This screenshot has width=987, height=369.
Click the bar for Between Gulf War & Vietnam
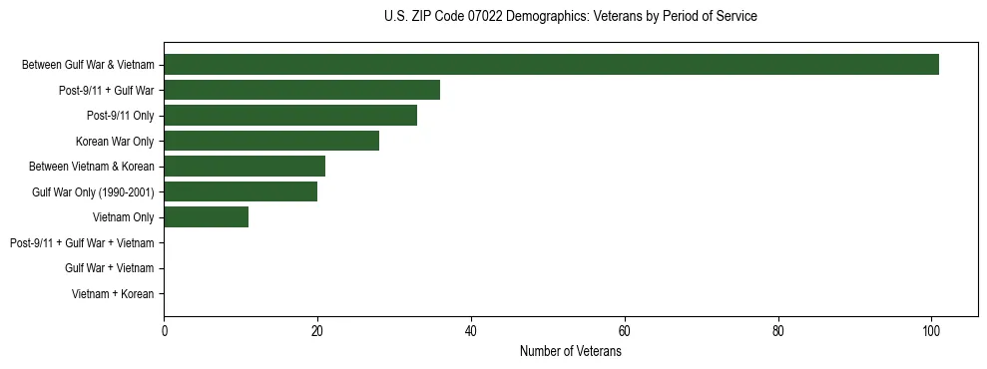(551, 65)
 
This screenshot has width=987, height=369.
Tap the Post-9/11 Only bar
(290, 116)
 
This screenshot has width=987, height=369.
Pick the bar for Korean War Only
(271, 141)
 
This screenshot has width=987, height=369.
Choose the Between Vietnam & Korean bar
(245, 167)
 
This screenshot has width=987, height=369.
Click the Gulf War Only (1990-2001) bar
(241, 191)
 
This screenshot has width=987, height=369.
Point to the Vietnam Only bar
(206, 217)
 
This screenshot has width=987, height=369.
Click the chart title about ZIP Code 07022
(570, 17)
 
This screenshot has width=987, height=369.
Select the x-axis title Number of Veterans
(570, 352)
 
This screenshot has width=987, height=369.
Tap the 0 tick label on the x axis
(164, 332)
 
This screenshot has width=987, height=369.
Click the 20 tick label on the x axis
(317, 332)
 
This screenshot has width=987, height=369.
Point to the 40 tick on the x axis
(471, 332)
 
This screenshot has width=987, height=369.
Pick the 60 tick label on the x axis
(625, 332)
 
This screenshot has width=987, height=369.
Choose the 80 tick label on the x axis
(778, 332)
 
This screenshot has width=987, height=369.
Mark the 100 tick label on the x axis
(931, 332)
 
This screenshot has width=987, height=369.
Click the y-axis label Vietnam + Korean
(113, 294)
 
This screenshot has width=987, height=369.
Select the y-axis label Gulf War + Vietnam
(109, 268)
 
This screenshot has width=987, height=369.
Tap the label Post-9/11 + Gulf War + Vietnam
(82, 243)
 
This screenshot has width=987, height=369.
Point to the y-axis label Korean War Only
(115, 142)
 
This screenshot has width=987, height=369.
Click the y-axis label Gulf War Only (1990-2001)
(93, 192)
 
